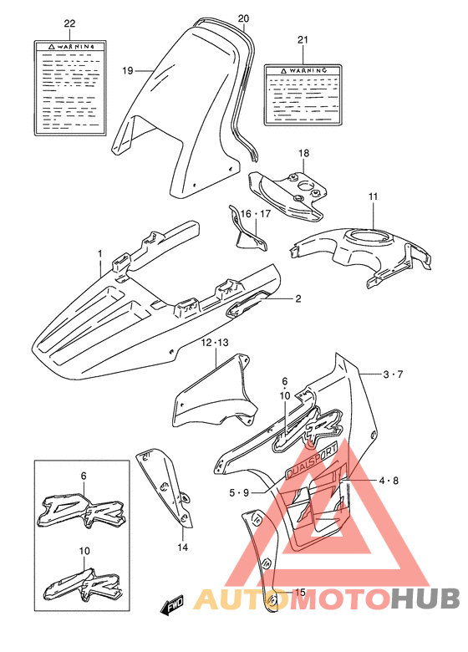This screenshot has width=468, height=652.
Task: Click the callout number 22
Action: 69,23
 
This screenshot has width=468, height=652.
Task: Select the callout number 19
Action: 128,71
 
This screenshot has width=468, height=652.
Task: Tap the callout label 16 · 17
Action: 252,215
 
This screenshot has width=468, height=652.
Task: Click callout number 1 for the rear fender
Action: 99,252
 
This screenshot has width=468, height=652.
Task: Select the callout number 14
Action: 182,548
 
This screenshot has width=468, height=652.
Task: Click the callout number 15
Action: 300,593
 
